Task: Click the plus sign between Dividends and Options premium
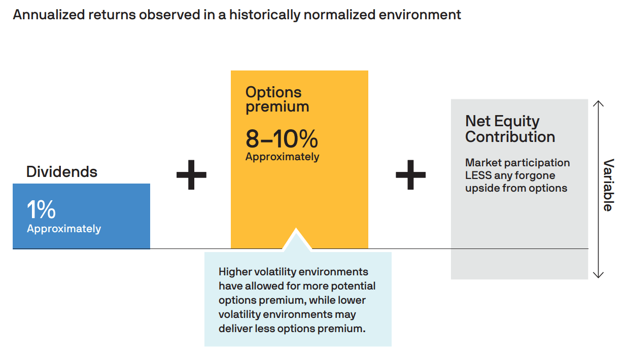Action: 191,174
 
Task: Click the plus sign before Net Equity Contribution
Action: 410,174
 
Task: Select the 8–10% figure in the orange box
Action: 282,138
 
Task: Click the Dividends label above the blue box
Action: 62,172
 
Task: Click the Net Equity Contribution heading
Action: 510,129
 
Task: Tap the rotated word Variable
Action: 608,185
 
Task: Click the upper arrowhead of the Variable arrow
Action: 599,103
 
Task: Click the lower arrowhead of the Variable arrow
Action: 599,275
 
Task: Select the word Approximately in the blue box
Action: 64,229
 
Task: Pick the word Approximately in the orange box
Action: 283,157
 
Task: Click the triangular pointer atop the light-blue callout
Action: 295,239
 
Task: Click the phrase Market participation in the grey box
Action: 517,163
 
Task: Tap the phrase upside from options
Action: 516,188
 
